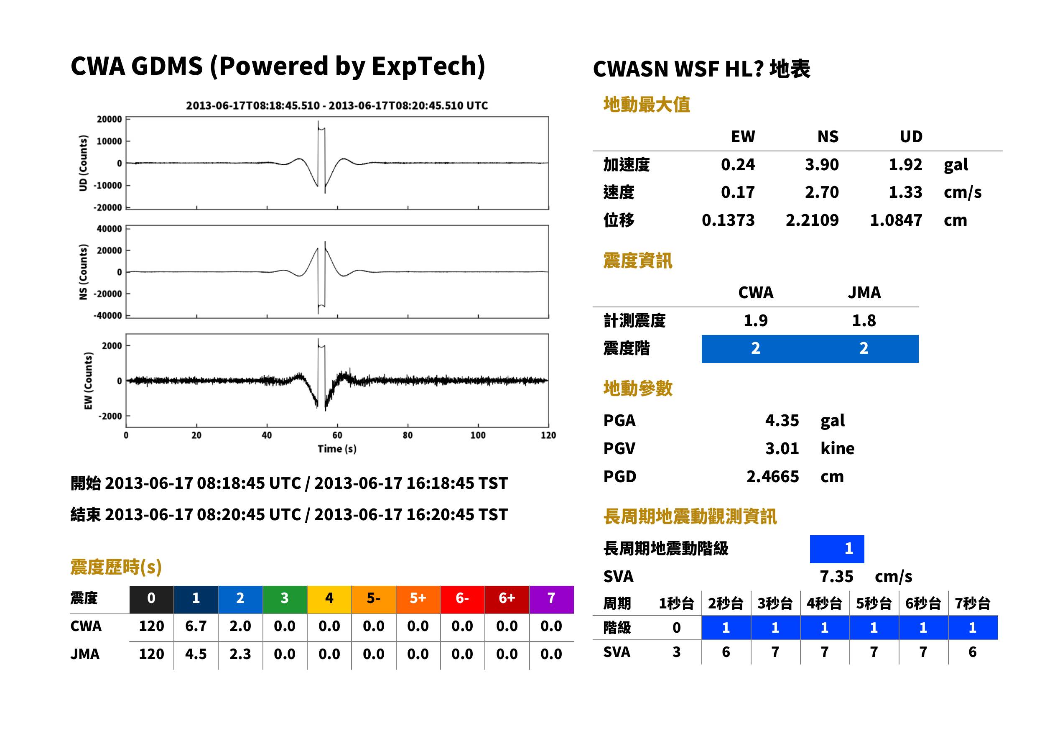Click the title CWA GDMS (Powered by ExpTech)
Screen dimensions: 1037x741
point(278,66)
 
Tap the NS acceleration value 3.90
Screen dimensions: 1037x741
point(821,165)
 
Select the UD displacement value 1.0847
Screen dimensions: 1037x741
point(896,220)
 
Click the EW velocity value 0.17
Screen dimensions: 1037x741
point(737,192)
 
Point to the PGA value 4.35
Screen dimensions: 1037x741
point(782,421)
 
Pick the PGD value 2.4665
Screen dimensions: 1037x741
point(772,477)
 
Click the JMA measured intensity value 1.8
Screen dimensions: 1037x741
point(864,321)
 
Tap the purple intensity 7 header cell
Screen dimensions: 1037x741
point(551,598)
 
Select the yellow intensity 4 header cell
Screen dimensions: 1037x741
point(329,598)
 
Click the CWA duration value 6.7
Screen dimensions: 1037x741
point(196,626)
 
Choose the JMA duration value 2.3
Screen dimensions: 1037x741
point(240,654)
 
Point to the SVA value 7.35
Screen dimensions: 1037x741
point(836,577)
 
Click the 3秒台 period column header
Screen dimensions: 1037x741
point(775,604)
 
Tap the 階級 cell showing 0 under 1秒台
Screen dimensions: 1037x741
point(676,628)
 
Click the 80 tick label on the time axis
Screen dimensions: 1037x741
point(408,435)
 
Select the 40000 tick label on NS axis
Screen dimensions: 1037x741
point(109,229)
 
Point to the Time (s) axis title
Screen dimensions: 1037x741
point(337,449)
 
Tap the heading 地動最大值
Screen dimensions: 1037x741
point(647,105)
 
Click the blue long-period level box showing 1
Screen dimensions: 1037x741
point(837,549)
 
